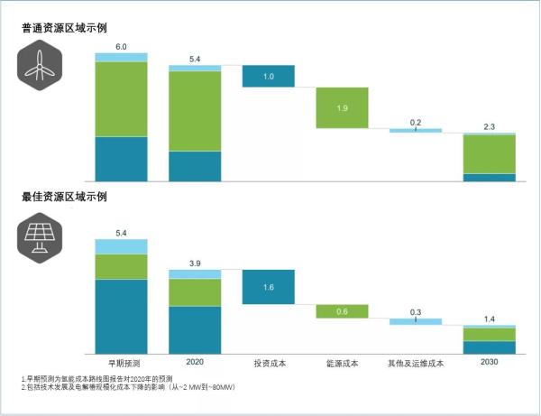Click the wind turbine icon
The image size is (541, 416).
tap(38, 65)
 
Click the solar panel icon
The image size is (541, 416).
tap(38, 236)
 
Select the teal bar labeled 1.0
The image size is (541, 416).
tap(269, 77)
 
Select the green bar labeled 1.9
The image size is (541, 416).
tap(342, 107)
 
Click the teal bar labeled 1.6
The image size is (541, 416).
tap(269, 287)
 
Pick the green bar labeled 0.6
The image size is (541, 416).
tap(342, 311)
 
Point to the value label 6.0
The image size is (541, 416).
tap(121, 45)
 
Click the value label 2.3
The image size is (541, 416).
tap(489, 126)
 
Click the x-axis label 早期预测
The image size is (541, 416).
tap(121, 364)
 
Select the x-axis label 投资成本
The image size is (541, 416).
tap(269, 364)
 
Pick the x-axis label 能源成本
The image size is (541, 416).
tap(342, 364)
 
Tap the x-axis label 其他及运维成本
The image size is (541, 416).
tap(416, 364)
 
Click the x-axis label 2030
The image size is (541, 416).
tap(489, 363)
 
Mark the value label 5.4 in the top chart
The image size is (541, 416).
tap(195, 59)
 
